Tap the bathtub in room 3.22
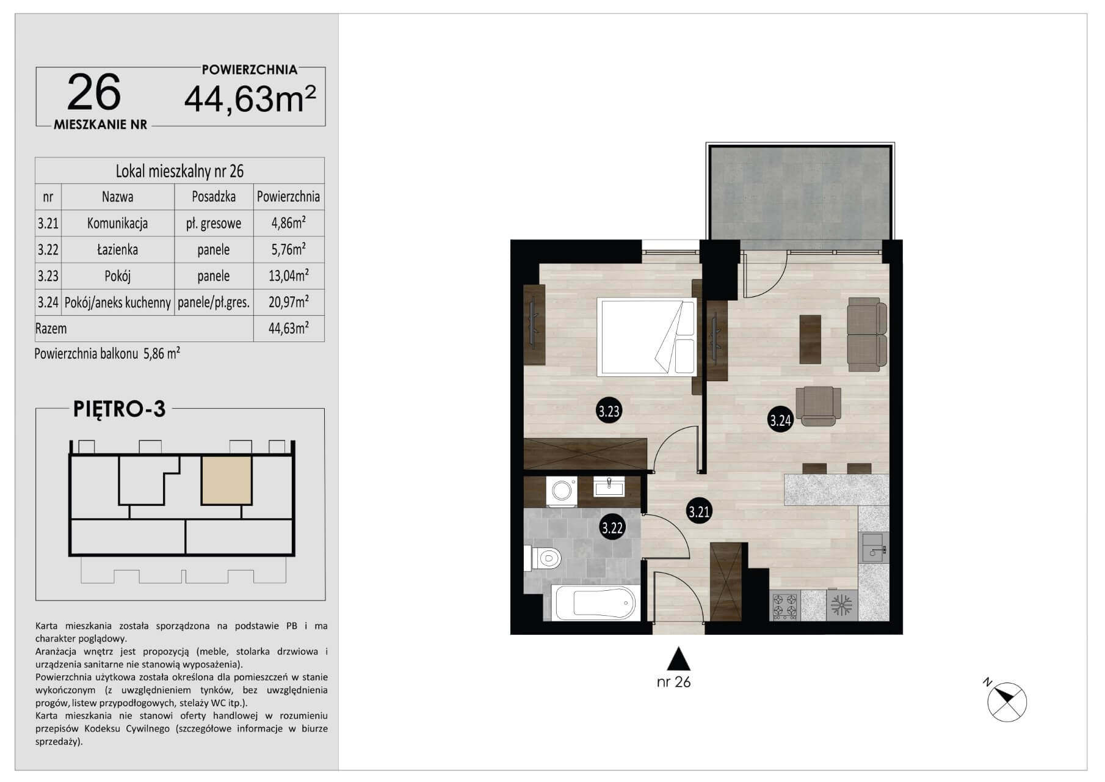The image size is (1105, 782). (595, 603)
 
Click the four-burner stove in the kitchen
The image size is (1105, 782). (784, 605)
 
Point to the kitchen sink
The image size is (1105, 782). (873, 547)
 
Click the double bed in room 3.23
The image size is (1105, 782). (647, 337)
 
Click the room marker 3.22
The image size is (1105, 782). (612, 527)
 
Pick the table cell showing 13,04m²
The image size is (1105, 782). (289, 276)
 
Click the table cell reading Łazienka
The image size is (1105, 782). (117, 249)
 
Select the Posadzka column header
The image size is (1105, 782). (214, 197)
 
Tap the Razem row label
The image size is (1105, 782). (51, 328)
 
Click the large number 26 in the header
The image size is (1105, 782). (94, 92)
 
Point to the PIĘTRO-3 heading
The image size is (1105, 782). (119, 409)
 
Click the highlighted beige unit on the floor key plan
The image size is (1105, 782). (226, 480)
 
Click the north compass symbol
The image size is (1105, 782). (1006, 700)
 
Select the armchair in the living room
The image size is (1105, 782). (819, 406)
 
